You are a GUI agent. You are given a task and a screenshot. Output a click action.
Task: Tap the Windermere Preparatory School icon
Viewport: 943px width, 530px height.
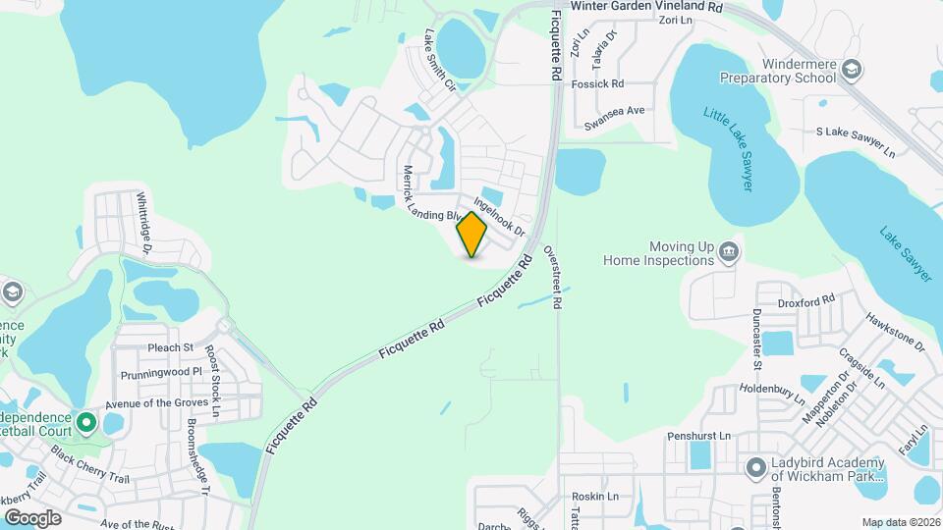point(852,68)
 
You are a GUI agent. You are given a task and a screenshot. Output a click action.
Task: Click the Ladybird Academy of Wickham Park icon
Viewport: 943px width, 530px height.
point(754,466)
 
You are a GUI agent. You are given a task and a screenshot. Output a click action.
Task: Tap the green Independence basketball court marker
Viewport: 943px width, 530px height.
point(85,423)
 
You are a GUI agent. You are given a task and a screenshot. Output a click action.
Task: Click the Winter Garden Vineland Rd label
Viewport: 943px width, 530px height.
point(646,6)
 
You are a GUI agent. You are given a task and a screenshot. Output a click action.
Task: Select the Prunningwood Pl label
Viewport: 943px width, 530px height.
point(160,374)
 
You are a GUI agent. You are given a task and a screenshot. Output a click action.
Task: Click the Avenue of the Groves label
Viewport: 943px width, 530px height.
point(157,402)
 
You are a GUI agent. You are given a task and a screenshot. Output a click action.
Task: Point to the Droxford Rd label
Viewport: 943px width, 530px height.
point(805,300)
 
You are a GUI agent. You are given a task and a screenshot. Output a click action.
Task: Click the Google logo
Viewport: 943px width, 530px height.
point(32,517)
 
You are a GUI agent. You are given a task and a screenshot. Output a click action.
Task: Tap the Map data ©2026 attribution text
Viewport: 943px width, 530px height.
point(900,522)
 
